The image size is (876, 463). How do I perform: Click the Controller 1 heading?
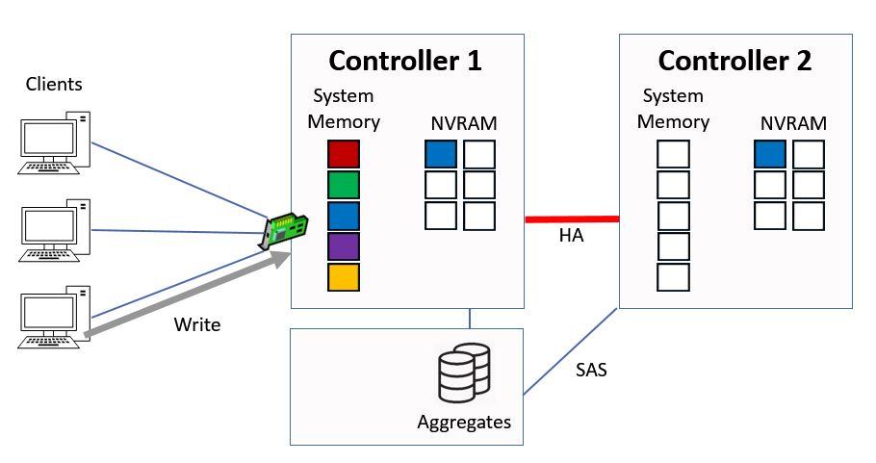(x=405, y=61)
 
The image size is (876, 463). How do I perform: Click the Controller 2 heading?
(x=734, y=61)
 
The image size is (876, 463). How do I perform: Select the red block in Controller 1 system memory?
(x=344, y=154)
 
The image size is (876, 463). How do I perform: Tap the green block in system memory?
(x=344, y=185)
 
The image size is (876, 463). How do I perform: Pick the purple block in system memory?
(x=344, y=246)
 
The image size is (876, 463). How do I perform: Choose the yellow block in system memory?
(x=344, y=277)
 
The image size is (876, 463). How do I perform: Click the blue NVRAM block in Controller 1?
(x=441, y=155)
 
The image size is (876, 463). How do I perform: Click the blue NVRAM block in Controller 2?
(x=770, y=155)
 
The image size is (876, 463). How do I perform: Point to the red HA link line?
(x=571, y=219)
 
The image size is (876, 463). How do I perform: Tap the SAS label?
(x=591, y=369)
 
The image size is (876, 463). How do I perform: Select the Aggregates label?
(x=464, y=422)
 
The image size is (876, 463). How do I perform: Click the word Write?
(x=197, y=324)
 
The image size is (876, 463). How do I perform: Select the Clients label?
(x=54, y=84)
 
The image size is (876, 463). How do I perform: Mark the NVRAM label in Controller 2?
(x=793, y=123)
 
